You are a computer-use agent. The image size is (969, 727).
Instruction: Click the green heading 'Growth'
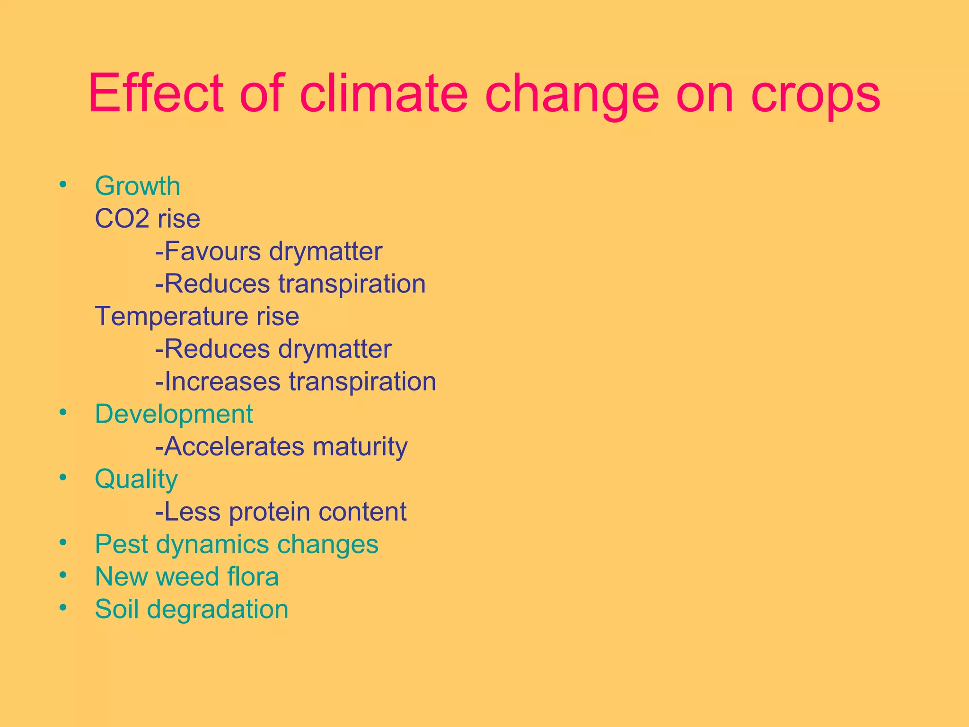[x=138, y=186]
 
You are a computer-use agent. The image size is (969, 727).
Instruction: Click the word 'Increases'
[x=222, y=381]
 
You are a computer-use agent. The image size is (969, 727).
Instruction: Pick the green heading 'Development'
[x=174, y=414]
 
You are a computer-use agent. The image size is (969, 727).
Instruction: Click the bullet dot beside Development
[x=63, y=412]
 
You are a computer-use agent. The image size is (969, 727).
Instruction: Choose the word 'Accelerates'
[x=234, y=446]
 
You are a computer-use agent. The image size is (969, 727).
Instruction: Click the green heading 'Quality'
[x=136, y=479]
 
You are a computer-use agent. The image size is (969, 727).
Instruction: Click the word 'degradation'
[x=217, y=610]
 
